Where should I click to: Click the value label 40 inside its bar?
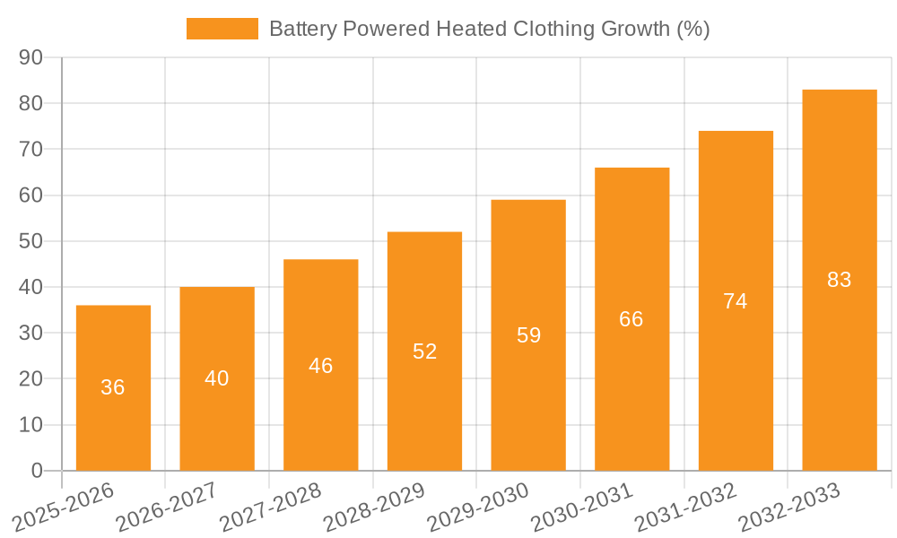(x=217, y=378)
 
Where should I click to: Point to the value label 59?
(x=528, y=335)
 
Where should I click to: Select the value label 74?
(x=736, y=301)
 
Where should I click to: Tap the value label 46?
(x=320, y=366)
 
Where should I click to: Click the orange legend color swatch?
(x=222, y=29)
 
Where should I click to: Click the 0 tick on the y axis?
(x=37, y=471)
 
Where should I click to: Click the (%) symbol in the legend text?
(x=692, y=29)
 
